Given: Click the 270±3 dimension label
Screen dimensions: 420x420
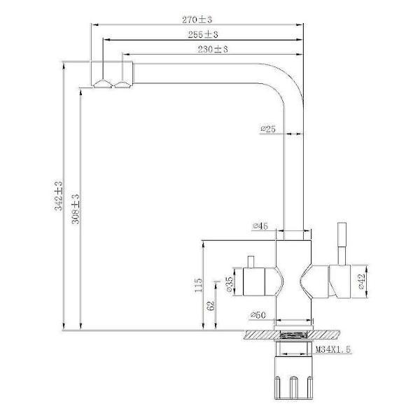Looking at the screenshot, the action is point(197,20).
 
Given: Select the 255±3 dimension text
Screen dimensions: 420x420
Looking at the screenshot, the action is point(203,34).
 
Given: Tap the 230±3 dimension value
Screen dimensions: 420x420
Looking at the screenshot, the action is point(213,49).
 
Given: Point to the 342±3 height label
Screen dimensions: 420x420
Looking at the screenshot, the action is point(58,196).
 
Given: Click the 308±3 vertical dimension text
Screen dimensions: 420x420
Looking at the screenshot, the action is point(76,209).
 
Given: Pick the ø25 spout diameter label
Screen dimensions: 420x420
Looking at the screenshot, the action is point(268,129).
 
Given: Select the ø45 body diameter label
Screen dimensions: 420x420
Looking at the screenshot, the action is point(260,226).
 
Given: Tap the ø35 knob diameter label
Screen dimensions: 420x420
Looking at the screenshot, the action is point(230,284).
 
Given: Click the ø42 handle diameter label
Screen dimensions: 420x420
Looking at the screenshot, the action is point(361,281).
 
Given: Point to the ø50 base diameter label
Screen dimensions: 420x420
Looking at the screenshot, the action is point(258,315).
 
